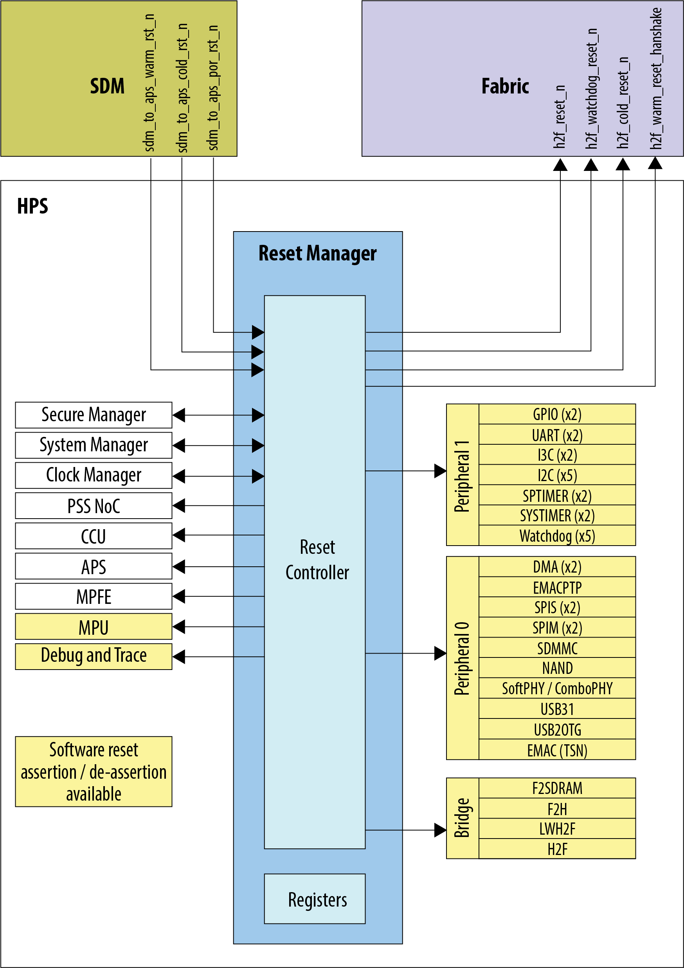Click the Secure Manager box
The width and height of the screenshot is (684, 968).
coord(93,415)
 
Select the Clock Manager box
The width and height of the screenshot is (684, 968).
coord(93,475)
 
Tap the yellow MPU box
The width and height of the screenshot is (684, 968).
coord(93,627)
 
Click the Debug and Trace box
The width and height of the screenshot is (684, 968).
coord(93,656)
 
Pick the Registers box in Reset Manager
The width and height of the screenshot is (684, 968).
coord(315,899)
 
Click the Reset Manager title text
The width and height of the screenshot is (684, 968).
coord(317,253)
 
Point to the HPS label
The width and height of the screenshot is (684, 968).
coord(32,206)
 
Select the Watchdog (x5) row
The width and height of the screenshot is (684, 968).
coord(557,536)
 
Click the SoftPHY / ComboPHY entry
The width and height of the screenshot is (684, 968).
coord(557,688)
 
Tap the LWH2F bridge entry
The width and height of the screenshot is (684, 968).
coord(557,829)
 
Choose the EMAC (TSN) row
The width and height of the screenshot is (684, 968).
coord(557,750)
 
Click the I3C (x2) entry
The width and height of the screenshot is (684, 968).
coord(557,455)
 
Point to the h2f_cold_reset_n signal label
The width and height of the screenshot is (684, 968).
coord(623,103)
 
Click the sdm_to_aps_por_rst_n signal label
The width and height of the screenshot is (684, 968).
coord(213,88)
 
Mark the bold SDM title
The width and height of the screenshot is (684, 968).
coord(107,86)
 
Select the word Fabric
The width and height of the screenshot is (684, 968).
coord(505,86)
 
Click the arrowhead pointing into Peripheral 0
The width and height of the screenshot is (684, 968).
coord(440,654)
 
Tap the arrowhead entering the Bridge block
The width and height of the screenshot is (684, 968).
coord(440,830)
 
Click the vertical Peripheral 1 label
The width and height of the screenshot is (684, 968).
coord(462,476)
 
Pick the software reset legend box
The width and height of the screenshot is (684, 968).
coord(93,772)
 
